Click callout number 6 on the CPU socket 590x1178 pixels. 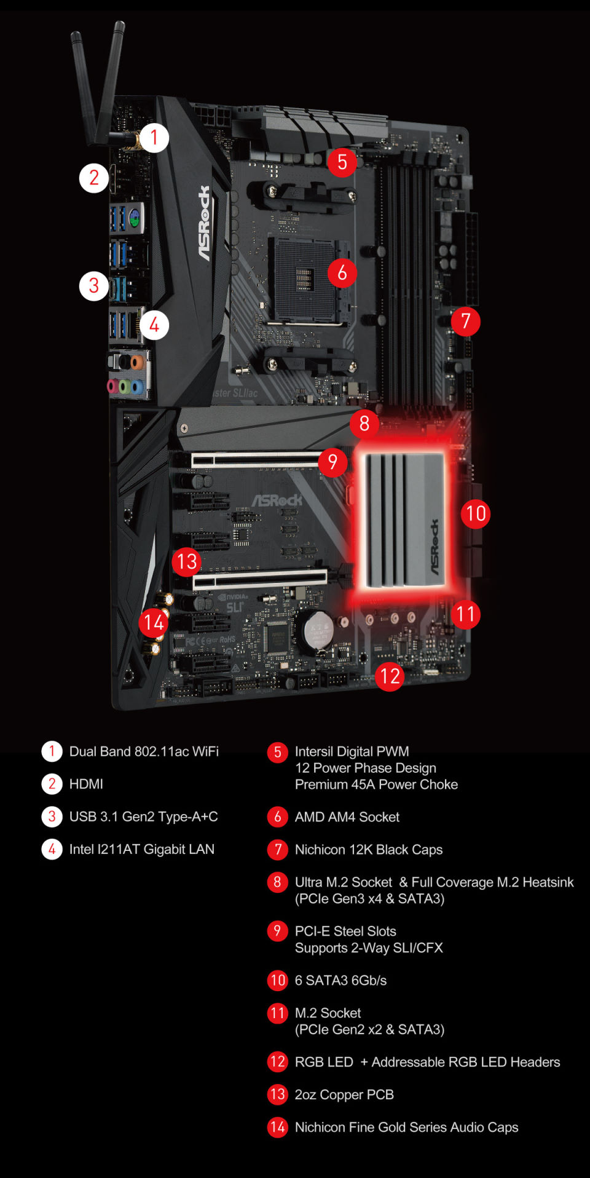342,272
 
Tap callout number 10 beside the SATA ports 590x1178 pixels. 476,513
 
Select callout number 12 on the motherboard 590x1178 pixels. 390,676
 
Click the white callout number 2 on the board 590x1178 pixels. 94,178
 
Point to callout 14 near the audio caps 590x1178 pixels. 154,623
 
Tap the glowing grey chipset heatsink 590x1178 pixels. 405,520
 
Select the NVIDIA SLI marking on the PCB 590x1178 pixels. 233,602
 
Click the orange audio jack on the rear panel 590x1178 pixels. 136,361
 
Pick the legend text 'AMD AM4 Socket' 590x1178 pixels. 347,817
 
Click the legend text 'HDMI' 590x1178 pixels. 86,784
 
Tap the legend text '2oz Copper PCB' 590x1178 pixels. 344,1095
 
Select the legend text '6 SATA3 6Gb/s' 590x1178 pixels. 340,981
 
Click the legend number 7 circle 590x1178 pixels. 278,849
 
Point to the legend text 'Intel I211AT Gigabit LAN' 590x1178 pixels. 142,849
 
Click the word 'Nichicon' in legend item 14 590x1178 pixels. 320,1128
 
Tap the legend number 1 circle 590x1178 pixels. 52,751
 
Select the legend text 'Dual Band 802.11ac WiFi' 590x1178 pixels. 144,751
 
